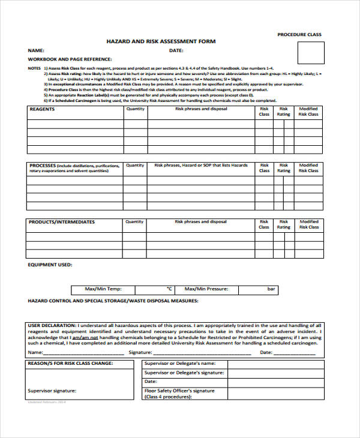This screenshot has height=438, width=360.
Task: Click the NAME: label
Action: click(37, 50)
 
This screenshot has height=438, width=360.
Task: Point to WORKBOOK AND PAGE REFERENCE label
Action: click(70, 59)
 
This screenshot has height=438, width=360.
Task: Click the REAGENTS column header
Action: click(42, 109)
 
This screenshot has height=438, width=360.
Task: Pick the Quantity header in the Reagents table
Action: click(135, 109)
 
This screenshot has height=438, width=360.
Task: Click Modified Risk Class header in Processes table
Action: click(308, 168)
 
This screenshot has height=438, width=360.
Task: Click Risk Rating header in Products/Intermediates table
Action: click(283, 224)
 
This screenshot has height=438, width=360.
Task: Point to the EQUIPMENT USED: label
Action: click(50, 264)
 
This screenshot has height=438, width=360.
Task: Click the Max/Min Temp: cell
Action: click(104, 289)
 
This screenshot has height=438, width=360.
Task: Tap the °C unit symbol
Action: click(169, 289)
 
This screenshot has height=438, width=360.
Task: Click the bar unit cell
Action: click(271, 289)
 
